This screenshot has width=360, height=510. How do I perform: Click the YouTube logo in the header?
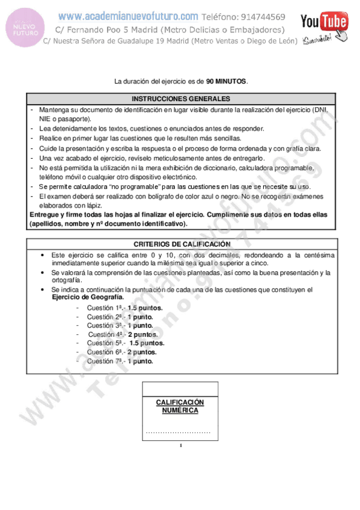(324, 23)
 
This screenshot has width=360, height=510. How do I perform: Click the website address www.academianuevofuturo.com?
(128, 17)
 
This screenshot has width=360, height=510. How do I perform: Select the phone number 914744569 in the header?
(252, 17)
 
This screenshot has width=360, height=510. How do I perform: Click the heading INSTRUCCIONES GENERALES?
(180, 99)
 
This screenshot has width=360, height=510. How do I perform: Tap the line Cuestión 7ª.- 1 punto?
(120, 361)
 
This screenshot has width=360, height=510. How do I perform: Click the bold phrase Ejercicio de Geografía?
(88, 297)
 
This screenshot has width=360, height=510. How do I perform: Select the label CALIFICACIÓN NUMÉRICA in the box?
(180, 406)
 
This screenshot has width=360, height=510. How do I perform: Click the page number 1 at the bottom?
(180, 446)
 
